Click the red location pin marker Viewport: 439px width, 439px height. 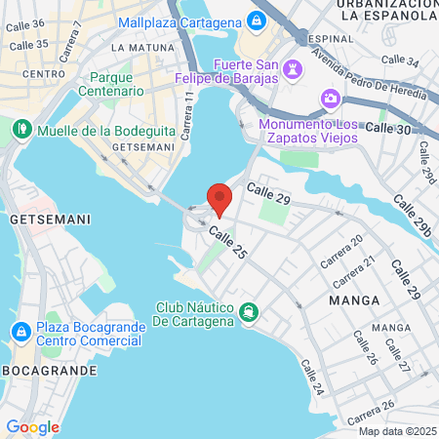coord(219,198)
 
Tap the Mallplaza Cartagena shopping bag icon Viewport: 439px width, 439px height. coord(255,20)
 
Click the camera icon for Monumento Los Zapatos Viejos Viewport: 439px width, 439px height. coord(331,99)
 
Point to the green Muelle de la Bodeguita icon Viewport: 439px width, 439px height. coord(20,129)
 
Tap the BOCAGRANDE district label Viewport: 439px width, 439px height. coord(49,371)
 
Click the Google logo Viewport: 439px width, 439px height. coord(32,427)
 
